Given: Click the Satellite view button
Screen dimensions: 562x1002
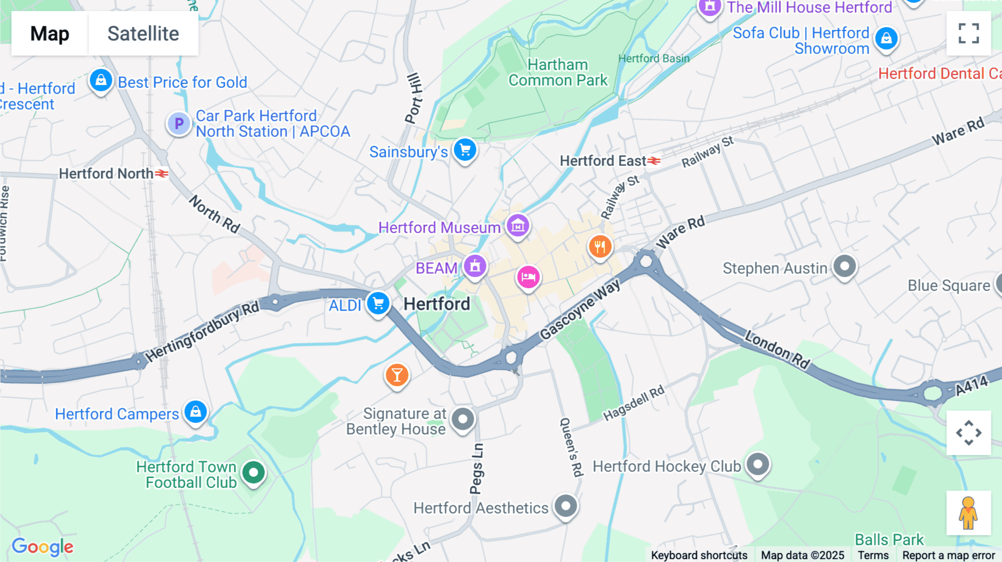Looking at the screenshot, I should pyautogui.click(x=143, y=34).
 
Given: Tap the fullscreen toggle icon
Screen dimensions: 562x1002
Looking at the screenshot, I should pyautogui.click(x=969, y=33).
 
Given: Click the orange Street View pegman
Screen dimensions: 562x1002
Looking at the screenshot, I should pyautogui.click(x=968, y=513).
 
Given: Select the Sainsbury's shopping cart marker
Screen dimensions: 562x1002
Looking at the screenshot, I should pyautogui.click(x=465, y=150).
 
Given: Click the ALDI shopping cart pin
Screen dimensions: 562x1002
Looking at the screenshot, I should pyautogui.click(x=378, y=304).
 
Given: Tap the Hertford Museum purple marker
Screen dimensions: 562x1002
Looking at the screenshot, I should pyautogui.click(x=518, y=226).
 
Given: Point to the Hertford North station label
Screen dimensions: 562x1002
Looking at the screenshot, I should pyautogui.click(x=106, y=174).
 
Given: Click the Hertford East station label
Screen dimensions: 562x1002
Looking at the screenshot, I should pyautogui.click(x=602, y=161).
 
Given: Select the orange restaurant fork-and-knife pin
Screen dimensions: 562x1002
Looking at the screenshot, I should pyautogui.click(x=600, y=247).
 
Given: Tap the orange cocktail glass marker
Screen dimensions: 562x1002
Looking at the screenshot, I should pyautogui.click(x=397, y=376).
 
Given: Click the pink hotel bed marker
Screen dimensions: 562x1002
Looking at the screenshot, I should pyautogui.click(x=528, y=277).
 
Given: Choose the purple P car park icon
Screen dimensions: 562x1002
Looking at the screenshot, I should pyautogui.click(x=179, y=124).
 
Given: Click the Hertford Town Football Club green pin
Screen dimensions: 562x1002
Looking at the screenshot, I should pyautogui.click(x=254, y=473).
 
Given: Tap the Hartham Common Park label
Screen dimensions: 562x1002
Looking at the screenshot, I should pyautogui.click(x=558, y=73).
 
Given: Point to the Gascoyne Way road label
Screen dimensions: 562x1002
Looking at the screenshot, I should pyautogui.click(x=579, y=309).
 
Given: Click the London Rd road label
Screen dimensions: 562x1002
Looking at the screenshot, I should pyautogui.click(x=777, y=349).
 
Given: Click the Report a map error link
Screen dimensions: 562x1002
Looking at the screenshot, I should pyautogui.click(x=948, y=555).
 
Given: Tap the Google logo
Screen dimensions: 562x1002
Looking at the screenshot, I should pyautogui.click(x=43, y=546).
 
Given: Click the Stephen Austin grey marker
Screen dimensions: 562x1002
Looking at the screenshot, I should pyautogui.click(x=844, y=267).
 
